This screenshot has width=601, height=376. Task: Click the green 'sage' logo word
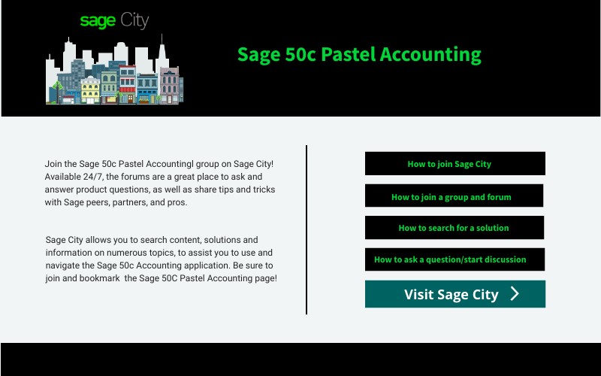[x=98, y=21]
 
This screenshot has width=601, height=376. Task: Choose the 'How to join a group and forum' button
[x=454, y=196]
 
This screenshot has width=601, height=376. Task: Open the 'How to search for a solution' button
[x=454, y=227]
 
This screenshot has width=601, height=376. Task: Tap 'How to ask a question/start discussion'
[x=454, y=259]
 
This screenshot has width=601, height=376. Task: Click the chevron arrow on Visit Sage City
[x=515, y=294]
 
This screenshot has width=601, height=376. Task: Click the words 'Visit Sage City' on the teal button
[x=451, y=294]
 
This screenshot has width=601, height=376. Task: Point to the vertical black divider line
[x=307, y=229]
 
